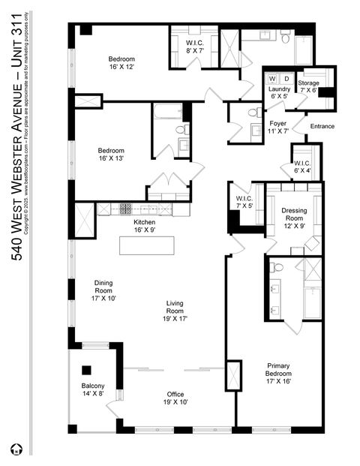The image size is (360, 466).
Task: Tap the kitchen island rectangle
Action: (x=146, y=245)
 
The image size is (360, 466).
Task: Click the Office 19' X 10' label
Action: (x=177, y=398)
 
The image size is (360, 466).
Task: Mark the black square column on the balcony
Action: (x=87, y=370)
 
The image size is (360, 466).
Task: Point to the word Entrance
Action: (x=322, y=126)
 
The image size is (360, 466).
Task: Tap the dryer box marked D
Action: (x=286, y=78)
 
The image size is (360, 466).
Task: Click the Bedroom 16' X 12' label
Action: (x=121, y=62)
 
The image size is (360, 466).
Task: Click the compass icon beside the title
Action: (x=16, y=449)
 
